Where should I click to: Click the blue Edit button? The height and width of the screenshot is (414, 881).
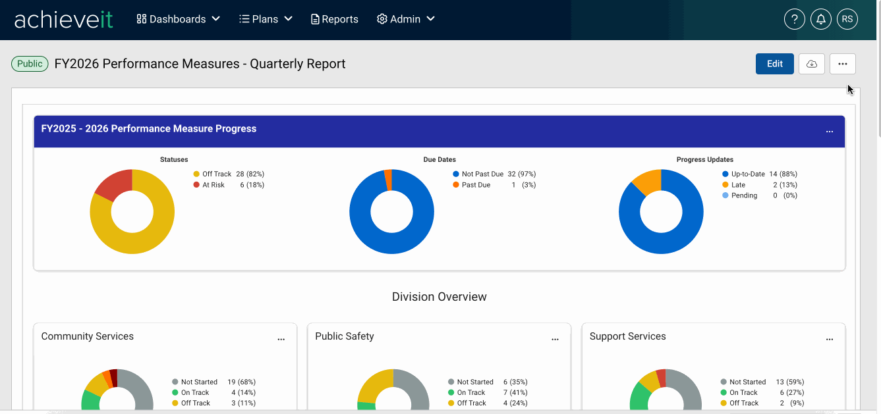pos(774,64)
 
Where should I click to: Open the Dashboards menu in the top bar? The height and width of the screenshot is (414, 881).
pos(178,19)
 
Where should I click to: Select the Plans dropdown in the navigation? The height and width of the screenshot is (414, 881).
pos(266,19)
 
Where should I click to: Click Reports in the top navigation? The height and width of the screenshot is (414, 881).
pos(334,19)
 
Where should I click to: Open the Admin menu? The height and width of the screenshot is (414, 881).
pos(405,19)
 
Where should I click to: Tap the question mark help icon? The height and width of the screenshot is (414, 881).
pos(794,19)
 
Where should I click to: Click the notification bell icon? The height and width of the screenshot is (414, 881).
pos(821,19)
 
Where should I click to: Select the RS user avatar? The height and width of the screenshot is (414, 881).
pos(847,19)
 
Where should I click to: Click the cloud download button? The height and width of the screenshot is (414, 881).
pos(811,64)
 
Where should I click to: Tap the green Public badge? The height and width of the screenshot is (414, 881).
pos(30,64)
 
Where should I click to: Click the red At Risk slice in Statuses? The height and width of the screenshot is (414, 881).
pos(114,184)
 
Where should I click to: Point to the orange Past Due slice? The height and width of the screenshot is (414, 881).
pos(388,180)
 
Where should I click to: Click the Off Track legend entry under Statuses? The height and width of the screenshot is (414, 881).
pos(229,174)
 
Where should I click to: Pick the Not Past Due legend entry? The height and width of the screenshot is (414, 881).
pos(494,174)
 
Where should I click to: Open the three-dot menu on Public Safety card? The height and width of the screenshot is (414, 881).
pos(555,340)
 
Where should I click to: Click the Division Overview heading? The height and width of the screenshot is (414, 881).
pos(439,297)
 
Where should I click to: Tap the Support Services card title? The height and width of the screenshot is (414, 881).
pos(627,336)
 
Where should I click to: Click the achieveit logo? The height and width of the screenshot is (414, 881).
pos(63,20)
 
